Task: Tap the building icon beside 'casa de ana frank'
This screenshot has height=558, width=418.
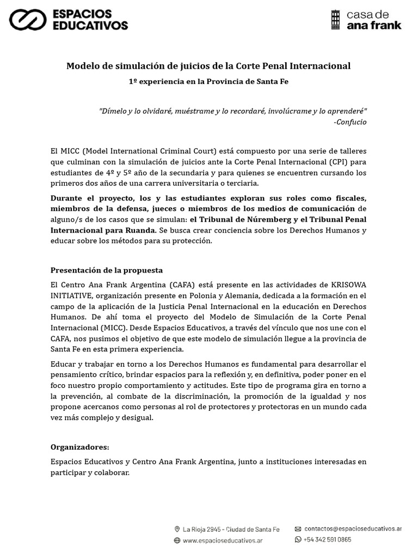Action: point(336,20)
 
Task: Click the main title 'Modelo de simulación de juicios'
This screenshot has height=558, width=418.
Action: point(208,66)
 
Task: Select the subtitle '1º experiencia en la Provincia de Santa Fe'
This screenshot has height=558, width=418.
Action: point(208,81)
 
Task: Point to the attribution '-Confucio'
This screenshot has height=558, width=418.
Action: point(350,122)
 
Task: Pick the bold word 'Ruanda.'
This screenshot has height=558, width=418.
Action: point(139,230)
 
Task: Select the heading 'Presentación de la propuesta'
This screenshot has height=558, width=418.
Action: point(107,270)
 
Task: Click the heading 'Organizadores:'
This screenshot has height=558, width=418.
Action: point(80,447)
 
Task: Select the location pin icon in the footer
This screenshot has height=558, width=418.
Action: point(177,529)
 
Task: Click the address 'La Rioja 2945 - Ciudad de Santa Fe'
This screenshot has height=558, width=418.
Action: point(231,529)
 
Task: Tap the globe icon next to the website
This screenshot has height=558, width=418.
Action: point(177,541)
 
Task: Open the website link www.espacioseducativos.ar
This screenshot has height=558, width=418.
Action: point(223,541)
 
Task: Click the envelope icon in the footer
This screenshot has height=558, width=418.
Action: point(298,529)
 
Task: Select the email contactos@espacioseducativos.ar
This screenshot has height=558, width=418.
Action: point(353,529)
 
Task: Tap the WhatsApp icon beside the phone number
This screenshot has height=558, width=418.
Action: point(298,539)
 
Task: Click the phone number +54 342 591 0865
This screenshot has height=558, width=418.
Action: point(328,539)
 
